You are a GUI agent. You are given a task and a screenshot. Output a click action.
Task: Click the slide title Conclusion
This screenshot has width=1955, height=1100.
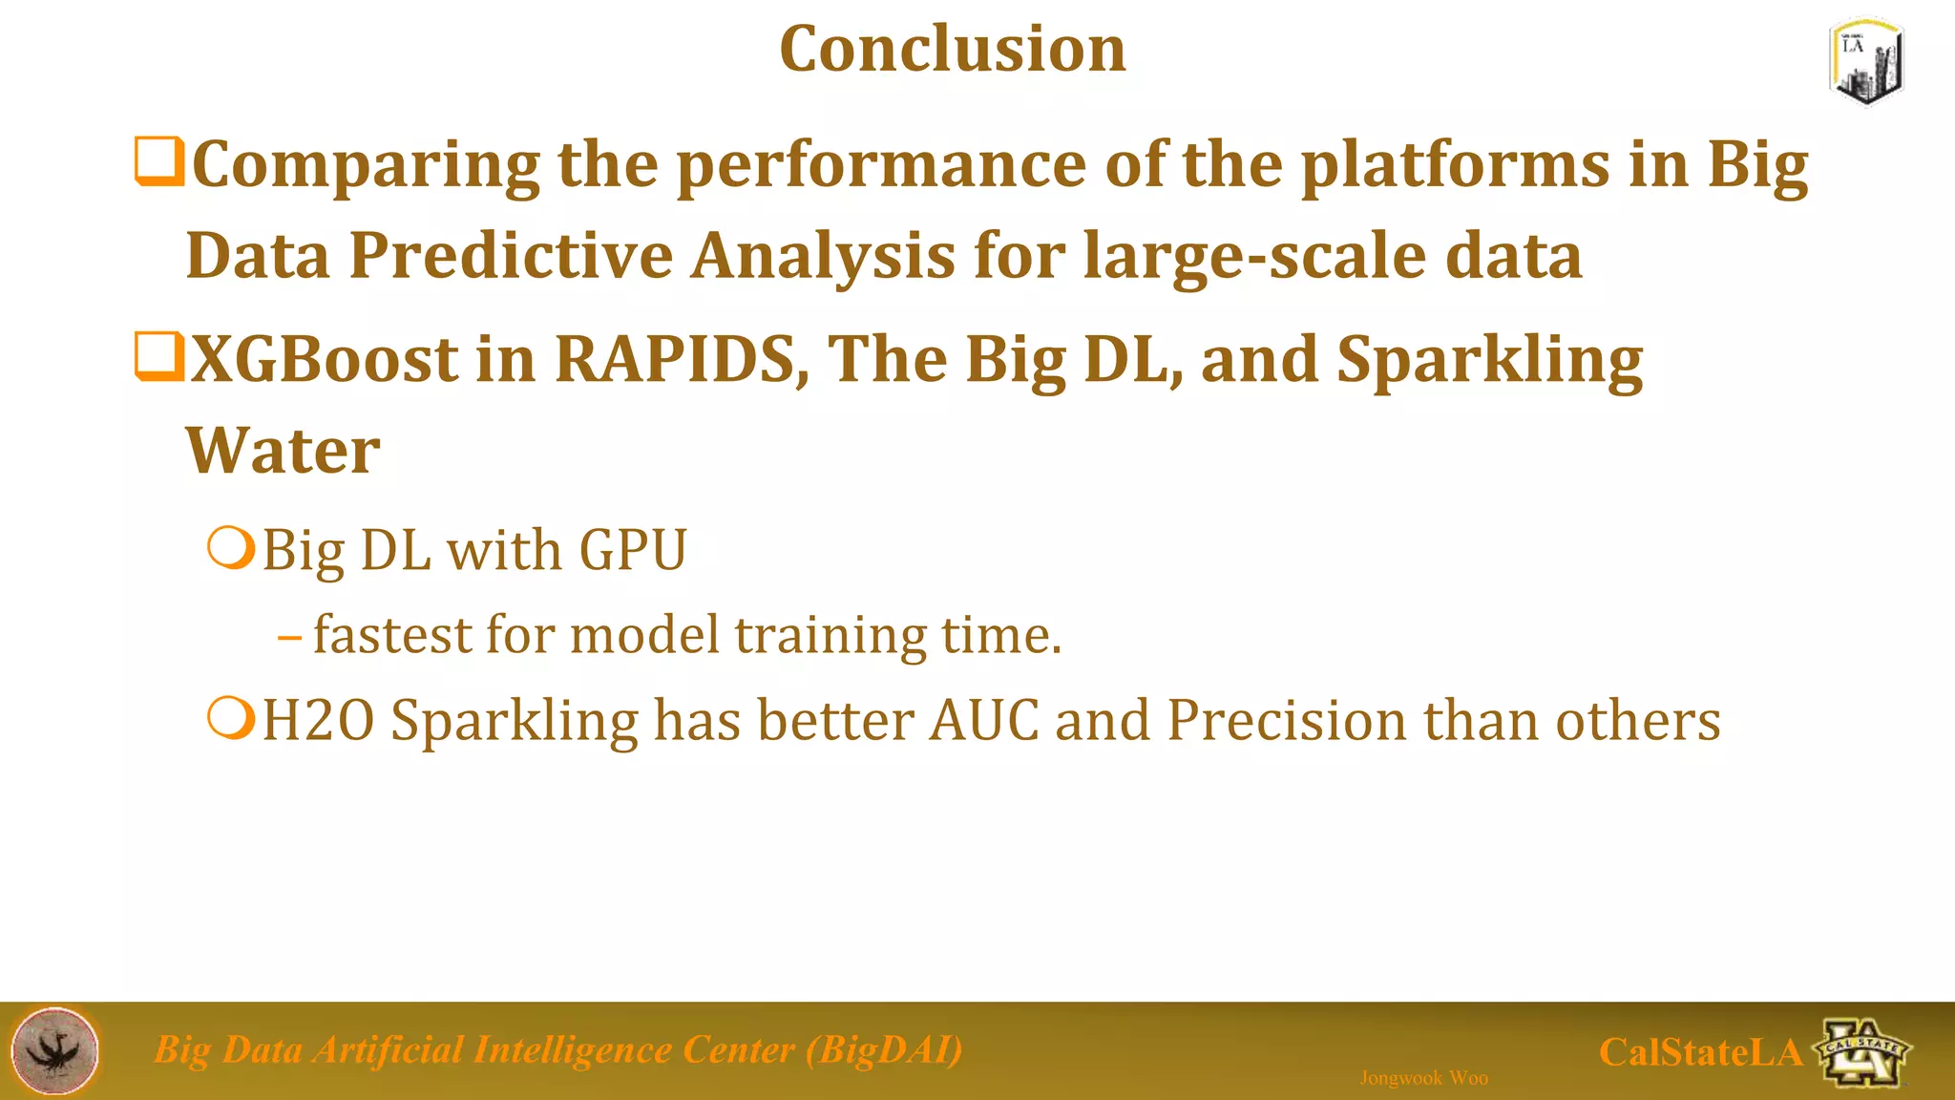(x=952, y=49)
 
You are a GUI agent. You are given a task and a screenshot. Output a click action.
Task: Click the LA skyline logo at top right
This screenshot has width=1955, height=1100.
(x=1866, y=61)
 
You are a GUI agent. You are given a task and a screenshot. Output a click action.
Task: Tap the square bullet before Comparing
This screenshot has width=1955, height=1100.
(x=158, y=161)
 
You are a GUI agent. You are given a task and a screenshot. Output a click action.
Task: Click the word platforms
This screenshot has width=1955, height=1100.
(x=1456, y=166)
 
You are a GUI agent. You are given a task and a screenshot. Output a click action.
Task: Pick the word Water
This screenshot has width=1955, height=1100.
(x=283, y=450)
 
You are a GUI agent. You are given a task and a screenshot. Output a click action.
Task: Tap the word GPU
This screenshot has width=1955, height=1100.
(x=632, y=551)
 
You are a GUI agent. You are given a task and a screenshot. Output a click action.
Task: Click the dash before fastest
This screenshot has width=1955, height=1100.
(x=289, y=635)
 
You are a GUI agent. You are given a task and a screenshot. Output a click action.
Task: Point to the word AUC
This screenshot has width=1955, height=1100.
(x=983, y=720)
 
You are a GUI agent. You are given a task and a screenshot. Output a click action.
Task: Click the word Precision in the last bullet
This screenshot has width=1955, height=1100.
(x=1287, y=720)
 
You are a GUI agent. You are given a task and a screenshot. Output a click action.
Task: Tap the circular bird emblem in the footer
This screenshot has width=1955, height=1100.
(x=55, y=1050)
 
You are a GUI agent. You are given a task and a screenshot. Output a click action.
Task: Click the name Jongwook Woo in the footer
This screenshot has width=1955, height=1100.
(x=1423, y=1078)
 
